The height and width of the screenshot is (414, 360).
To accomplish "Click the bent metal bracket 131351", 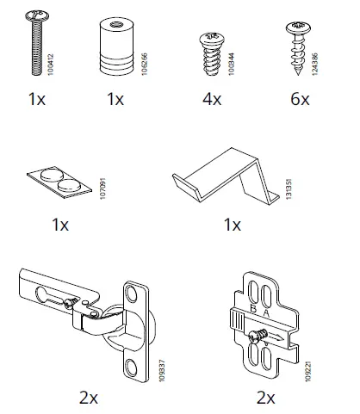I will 222,176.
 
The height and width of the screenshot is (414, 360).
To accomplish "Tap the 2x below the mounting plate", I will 266,397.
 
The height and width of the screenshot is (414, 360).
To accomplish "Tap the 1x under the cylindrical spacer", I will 115,100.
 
